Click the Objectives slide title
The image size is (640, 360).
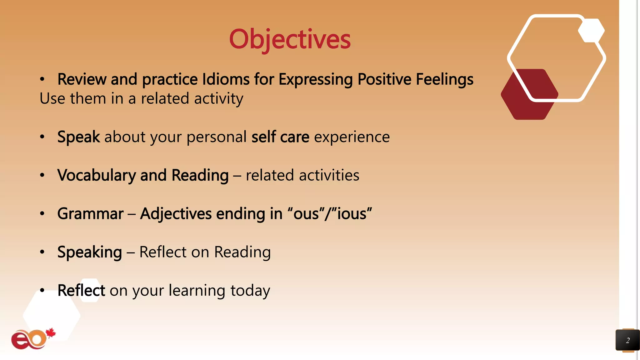(290, 39)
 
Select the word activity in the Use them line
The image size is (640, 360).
(218, 99)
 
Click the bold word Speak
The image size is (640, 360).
(78, 137)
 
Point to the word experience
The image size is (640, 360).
(352, 137)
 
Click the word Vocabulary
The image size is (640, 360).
(96, 175)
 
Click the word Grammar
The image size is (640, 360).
(90, 214)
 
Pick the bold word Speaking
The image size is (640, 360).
(89, 252)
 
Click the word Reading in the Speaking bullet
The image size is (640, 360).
(242, 252)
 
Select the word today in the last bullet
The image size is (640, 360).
(250, 291)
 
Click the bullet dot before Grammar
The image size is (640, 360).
(42, 214)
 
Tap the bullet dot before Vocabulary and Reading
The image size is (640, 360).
(42, 175)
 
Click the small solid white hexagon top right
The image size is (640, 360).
(591, 30)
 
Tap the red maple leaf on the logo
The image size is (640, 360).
(51, 333)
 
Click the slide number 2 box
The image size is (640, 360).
(627, 340)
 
